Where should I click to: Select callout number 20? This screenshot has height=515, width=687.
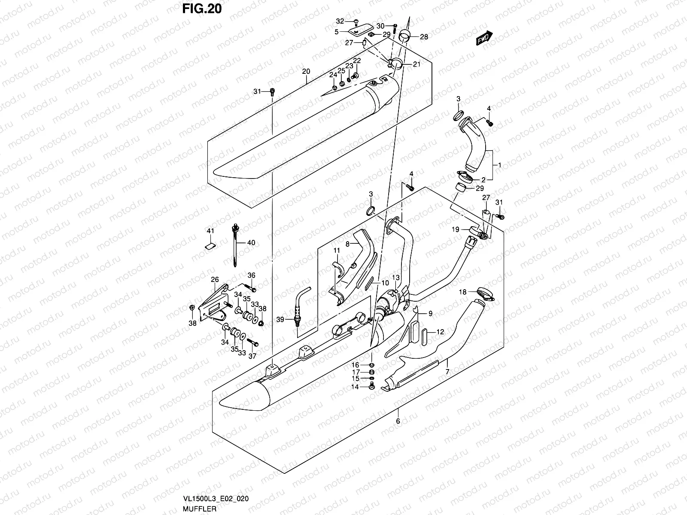pos(306,72)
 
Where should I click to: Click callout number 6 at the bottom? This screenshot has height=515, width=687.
pos(398,421)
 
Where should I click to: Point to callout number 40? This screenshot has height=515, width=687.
pos(251,242)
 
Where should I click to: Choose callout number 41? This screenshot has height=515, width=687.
pos(210,231)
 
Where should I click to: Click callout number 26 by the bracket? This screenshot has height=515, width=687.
pos(215,280)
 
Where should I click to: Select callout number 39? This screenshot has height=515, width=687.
pos(280,319)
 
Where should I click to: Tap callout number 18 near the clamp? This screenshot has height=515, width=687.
pos(462,292)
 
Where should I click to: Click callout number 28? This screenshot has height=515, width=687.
pos(424,37)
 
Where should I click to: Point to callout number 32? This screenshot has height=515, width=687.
pos(340,21)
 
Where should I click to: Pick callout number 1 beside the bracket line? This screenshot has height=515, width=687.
pos(499,165)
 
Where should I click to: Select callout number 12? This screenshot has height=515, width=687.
pos(440,332)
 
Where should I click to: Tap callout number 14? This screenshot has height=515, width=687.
pos(355,387)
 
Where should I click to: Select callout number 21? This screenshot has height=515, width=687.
pos(416,64)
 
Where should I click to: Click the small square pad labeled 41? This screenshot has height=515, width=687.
pos(210,245)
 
